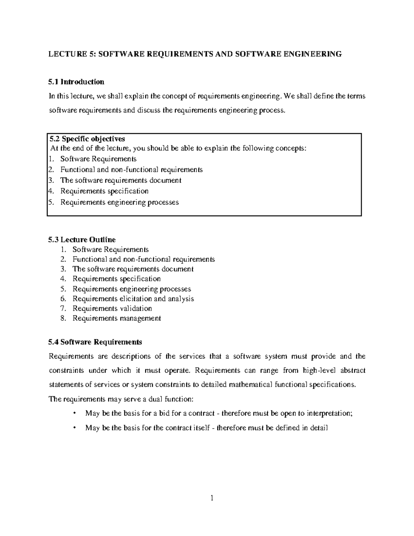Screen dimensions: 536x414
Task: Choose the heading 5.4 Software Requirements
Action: [95, 342]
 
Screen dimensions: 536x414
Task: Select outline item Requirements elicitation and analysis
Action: [133, 299]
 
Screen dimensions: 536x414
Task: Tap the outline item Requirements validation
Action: [112, 308]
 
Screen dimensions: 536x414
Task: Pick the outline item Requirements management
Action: [117, 318]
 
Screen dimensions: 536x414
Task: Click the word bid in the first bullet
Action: [166, 413]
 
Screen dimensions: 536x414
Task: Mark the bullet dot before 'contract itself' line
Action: [75, 428]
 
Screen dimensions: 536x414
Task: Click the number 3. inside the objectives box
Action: [51, 181]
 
